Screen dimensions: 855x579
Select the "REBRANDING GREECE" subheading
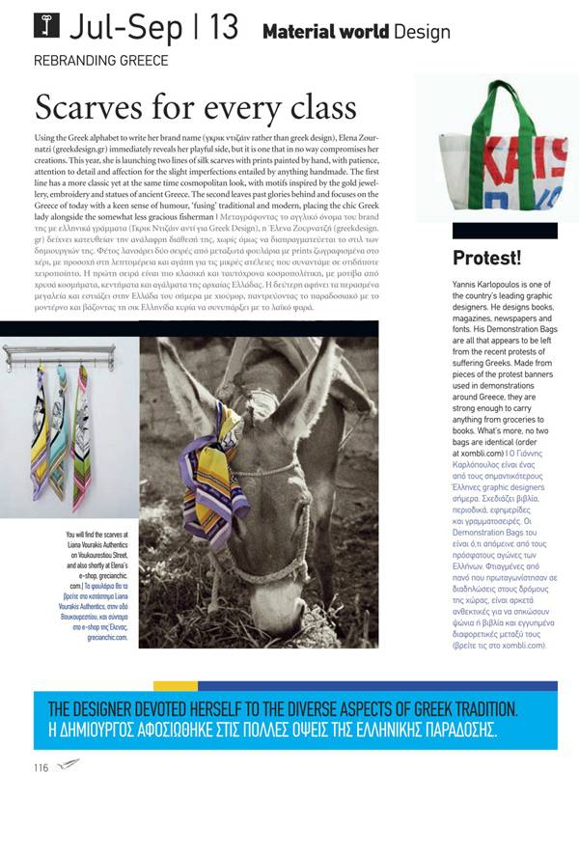click(101, 60)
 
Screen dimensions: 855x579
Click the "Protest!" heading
click(487, 258)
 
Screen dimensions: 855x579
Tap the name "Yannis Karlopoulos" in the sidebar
click(486, 286)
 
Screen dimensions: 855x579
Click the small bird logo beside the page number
click(68, 767)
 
